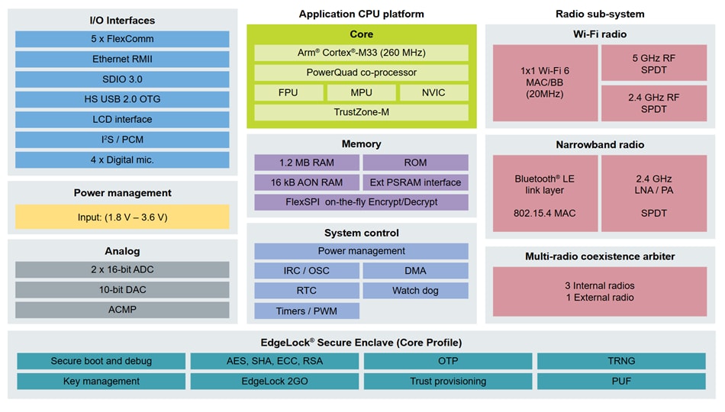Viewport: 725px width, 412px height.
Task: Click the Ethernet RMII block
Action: click(122, 59)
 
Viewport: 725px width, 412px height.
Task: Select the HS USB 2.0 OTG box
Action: click(122, 99)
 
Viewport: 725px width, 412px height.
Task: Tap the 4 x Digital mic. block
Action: click(122, 159)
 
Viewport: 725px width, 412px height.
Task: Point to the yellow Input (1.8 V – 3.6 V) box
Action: click(122, 217)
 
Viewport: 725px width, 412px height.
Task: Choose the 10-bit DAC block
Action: click(122, 290)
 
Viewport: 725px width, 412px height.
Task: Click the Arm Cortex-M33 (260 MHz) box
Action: click(361, 53)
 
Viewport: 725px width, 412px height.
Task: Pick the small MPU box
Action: click(361, 92)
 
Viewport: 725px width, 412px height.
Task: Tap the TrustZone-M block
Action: click(361, 112)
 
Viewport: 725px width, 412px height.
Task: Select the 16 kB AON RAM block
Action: click(307, 182)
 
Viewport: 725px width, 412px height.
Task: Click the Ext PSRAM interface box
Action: click(415, 182)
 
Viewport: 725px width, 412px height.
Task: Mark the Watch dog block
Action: click(415, 291)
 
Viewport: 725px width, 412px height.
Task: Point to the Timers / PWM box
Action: click(307, 311)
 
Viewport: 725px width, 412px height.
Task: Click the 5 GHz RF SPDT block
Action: click(654, 63)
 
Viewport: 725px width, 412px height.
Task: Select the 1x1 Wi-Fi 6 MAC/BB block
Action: click(544, 82)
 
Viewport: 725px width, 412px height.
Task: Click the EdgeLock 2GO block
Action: click(274, 381)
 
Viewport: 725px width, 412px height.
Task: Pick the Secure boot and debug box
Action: click(101, 361)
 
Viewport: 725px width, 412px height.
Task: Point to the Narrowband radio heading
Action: click(600, 144)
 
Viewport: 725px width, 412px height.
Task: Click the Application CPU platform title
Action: click(361, 14)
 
